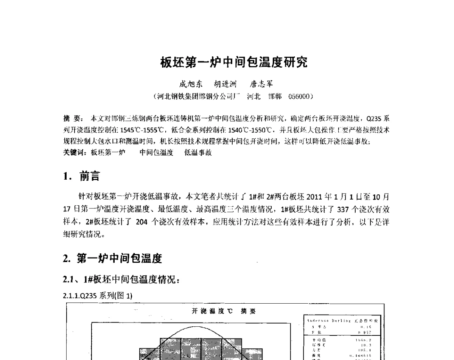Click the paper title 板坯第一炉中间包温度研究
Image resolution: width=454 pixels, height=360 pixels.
(234, 62)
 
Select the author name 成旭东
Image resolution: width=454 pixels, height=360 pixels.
(191, 84)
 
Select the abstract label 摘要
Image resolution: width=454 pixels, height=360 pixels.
(71, 118)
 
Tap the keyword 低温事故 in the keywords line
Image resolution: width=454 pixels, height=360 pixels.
(198, 152)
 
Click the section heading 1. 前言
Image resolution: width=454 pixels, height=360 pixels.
(82, 176)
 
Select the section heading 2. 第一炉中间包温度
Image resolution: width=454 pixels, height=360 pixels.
(112, 259)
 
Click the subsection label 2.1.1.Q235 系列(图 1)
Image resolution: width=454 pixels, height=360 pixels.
(98, 296)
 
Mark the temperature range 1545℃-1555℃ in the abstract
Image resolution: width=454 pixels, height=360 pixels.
(143, 130)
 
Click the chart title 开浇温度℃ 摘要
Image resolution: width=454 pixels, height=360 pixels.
(224, 311)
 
